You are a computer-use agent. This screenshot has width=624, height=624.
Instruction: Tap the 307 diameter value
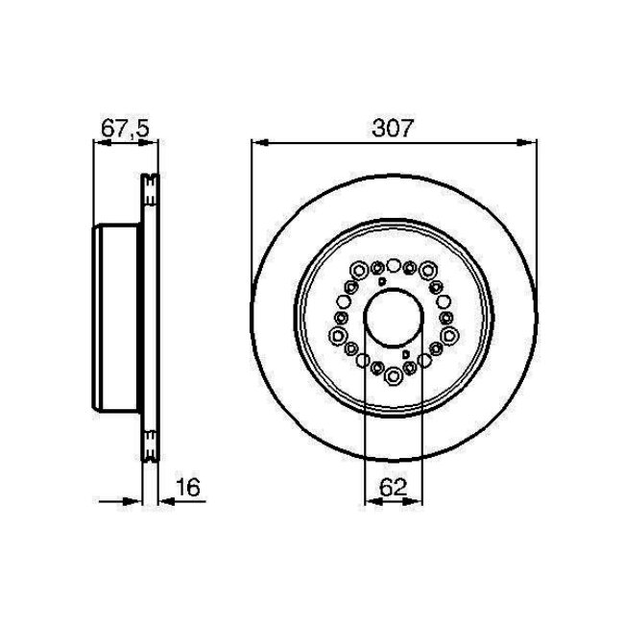pos(393,128)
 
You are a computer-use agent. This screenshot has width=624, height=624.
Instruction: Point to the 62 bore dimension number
pos(393,487)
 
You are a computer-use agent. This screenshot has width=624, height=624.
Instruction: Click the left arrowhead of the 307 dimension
pos(256,143)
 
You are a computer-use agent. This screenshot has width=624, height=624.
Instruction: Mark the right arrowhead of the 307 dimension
pos(530,143)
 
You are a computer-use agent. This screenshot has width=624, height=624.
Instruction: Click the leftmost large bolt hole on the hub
pos(339,334)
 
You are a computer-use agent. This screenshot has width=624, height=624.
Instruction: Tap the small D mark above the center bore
pos(381,282)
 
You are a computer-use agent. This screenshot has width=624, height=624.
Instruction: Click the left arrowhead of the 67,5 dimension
pos(97,143)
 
